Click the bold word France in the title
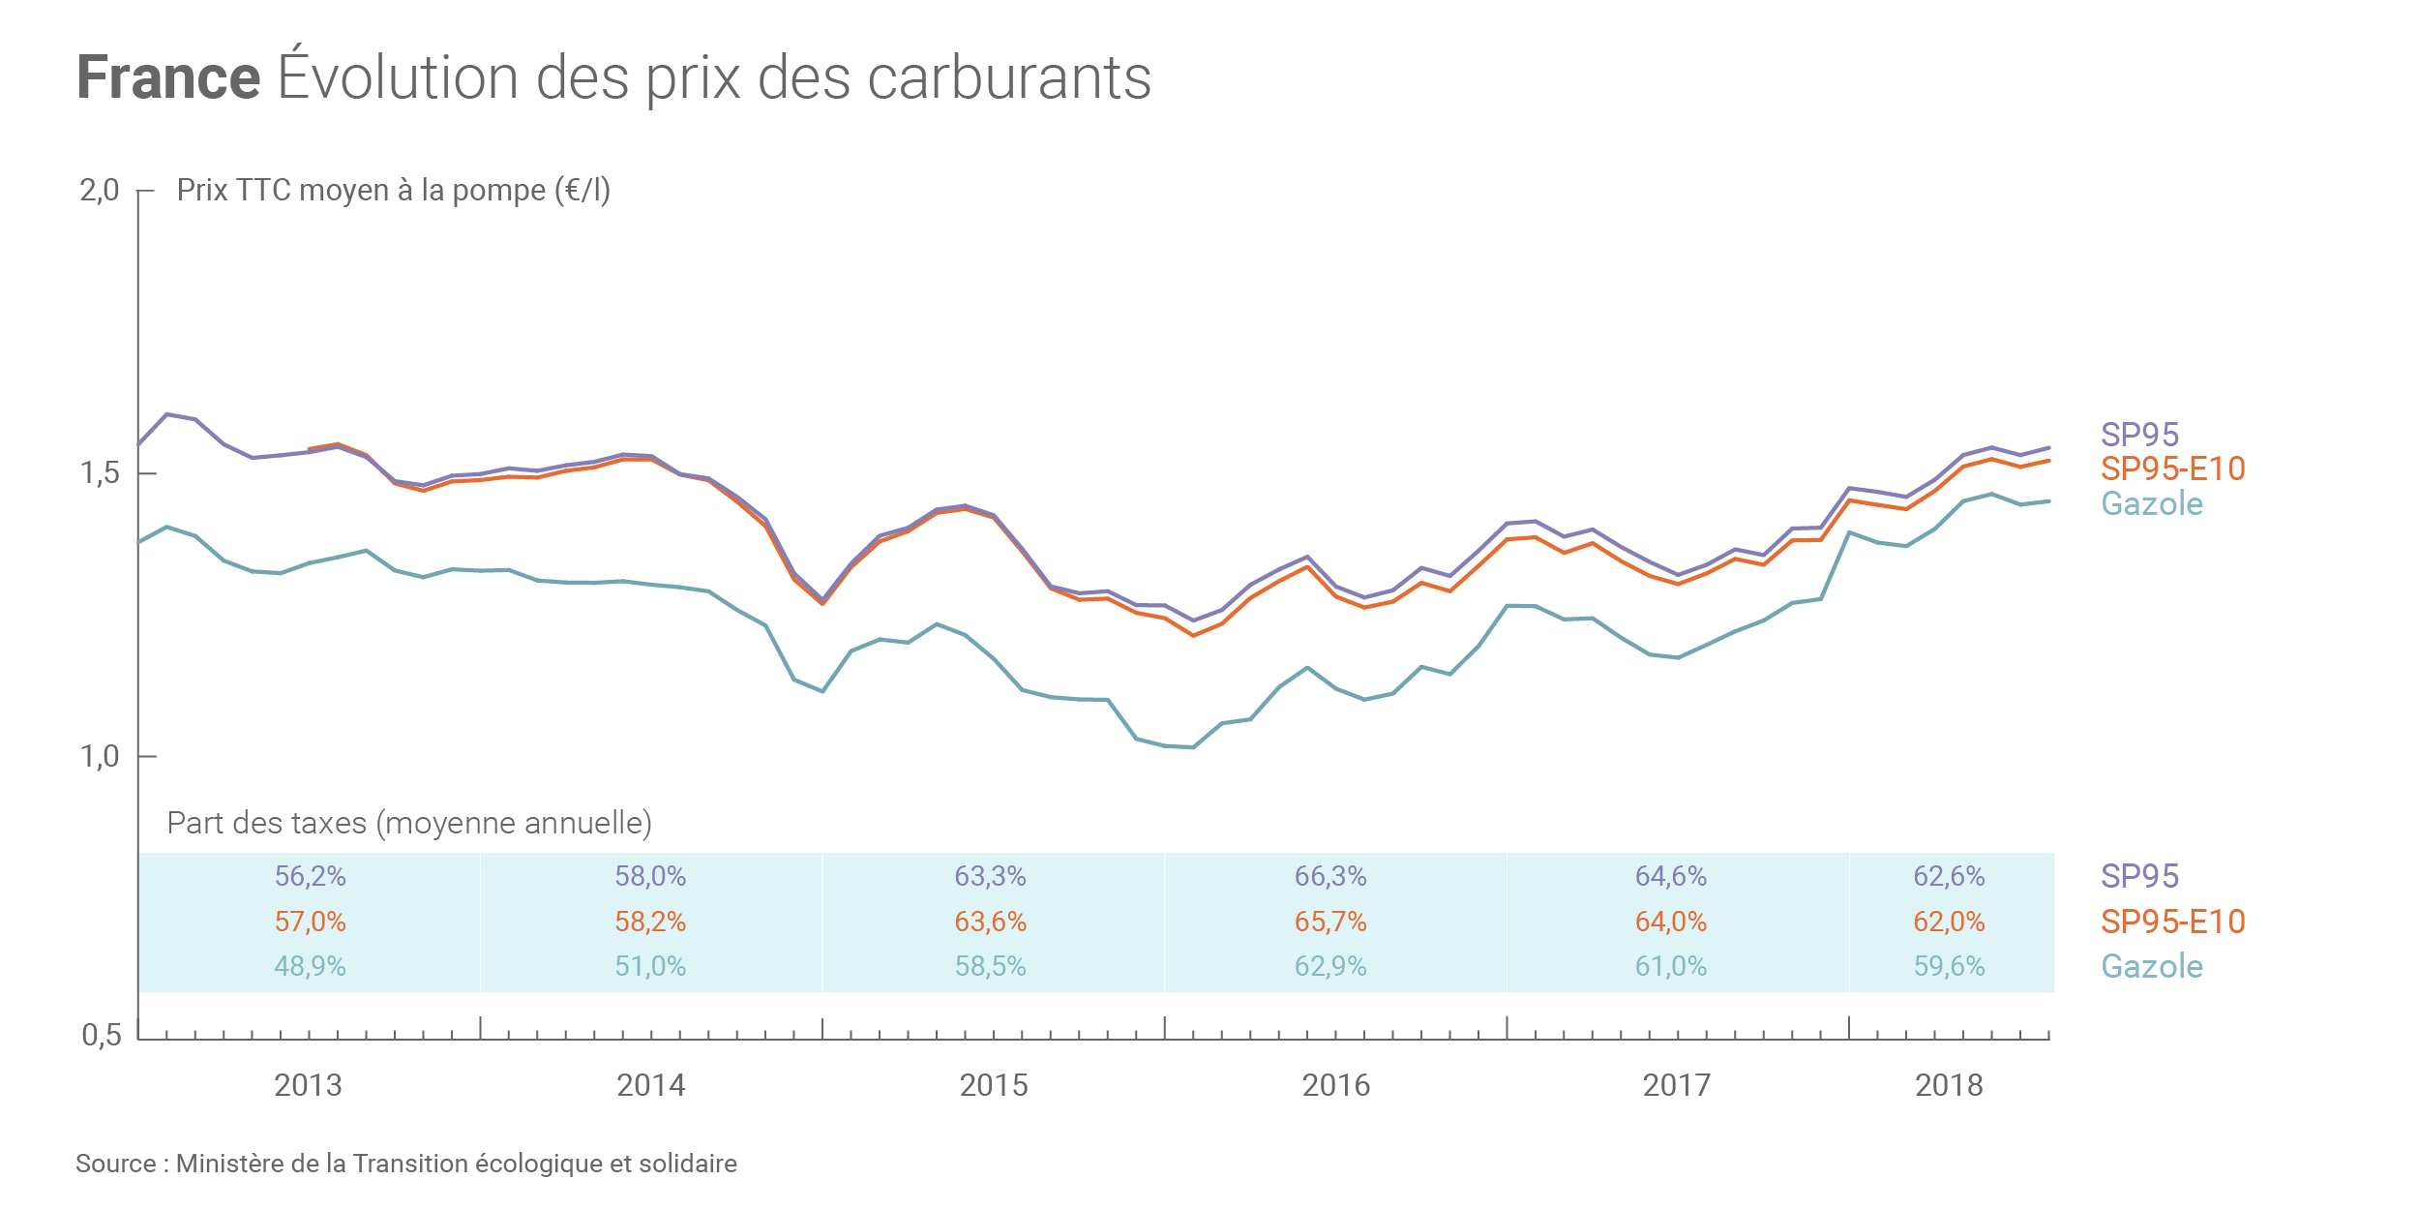168,77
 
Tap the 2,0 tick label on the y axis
100,191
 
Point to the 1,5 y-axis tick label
100,473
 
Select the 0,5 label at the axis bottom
102,1035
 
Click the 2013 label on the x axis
308,1085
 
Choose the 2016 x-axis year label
1335,1085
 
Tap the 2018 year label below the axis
1949,1085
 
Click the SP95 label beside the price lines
2139,435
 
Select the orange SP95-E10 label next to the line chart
2172,469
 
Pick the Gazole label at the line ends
2152,503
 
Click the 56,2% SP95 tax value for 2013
310,876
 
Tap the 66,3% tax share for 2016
1330,876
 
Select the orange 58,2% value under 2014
650,922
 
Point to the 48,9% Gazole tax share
310,966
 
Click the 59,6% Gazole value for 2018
1949,966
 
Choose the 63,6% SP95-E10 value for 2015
990,922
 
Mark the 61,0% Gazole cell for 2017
1670,966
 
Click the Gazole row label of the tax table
2152,966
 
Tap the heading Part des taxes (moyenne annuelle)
409,823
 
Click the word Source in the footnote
115,1164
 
